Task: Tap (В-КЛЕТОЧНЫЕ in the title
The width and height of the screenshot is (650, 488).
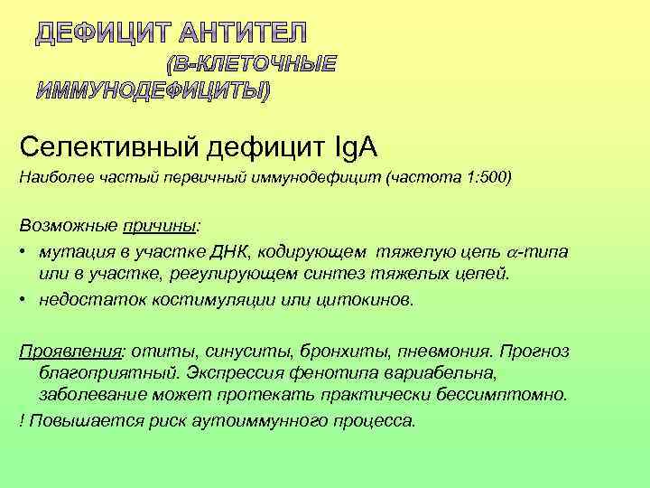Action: click(250, 63)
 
